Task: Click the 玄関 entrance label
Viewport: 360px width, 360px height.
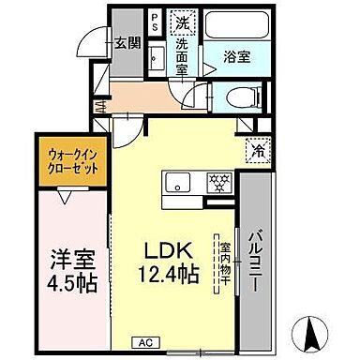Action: coord(127,42)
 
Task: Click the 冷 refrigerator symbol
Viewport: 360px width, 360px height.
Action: coord(256,149)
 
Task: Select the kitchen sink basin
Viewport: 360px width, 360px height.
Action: coord(177,180)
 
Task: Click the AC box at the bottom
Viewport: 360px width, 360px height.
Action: coord(146,343)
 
